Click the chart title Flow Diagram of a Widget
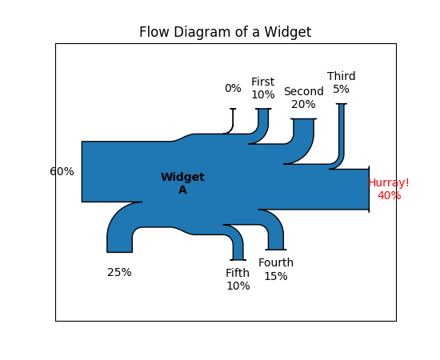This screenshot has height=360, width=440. pos(225,32)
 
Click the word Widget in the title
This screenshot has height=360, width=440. pos(288,32)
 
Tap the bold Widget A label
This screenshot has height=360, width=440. pos(182,183)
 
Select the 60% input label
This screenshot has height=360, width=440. pos(62,171)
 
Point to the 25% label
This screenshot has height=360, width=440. pos(119,272)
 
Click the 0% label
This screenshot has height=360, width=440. pos(233,88)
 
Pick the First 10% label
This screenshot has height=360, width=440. pos(263,88)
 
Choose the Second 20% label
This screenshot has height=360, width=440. pos(304,98)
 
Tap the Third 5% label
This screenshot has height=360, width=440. pos(342,82)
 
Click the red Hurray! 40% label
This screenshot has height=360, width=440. pos(389,189)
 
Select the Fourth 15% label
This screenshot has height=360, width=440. pos(276,270)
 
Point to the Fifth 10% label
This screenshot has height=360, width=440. pos(238,279)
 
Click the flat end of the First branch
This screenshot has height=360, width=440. pos(263,109)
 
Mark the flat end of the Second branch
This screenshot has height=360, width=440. pos(304,118)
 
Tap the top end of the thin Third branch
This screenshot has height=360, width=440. pos(342,104)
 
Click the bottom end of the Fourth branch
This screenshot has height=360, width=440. pos(276,250)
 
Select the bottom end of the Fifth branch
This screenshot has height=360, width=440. pos(238,260)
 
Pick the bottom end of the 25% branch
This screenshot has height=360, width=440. pos(119,252)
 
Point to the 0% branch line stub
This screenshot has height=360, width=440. pos(233,121)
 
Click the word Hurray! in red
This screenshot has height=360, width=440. pos(389,183)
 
